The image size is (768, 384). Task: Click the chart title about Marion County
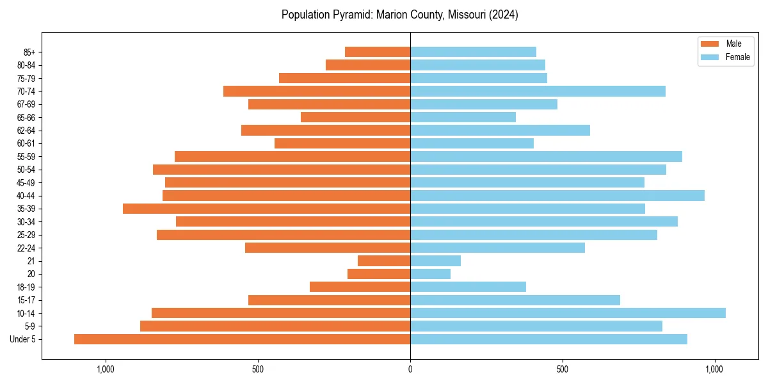click(399, 15)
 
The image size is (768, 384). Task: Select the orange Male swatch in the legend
click(710, 44)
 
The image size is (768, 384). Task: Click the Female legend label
click(737, 57)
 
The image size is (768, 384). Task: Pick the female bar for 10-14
click(568, 313)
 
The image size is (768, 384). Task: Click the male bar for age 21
click(384, 260)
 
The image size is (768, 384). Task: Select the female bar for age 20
click(430, 274)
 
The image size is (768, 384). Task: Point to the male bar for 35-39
click(266, 209)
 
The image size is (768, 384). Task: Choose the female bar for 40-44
click(557, 195)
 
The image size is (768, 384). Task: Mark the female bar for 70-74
click(538, 91)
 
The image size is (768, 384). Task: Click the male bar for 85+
click(378, 52)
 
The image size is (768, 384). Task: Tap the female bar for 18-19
click(468, 287)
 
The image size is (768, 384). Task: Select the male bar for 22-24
click(328, 248)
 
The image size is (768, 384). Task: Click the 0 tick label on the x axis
click(410, 369)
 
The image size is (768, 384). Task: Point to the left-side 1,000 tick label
click(106, 369)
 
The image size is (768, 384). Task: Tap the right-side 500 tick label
click(562, 369)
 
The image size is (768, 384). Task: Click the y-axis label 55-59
click(26, 156)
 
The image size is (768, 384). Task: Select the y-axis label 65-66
click(26, 117)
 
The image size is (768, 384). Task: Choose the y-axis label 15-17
click(26, 300)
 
